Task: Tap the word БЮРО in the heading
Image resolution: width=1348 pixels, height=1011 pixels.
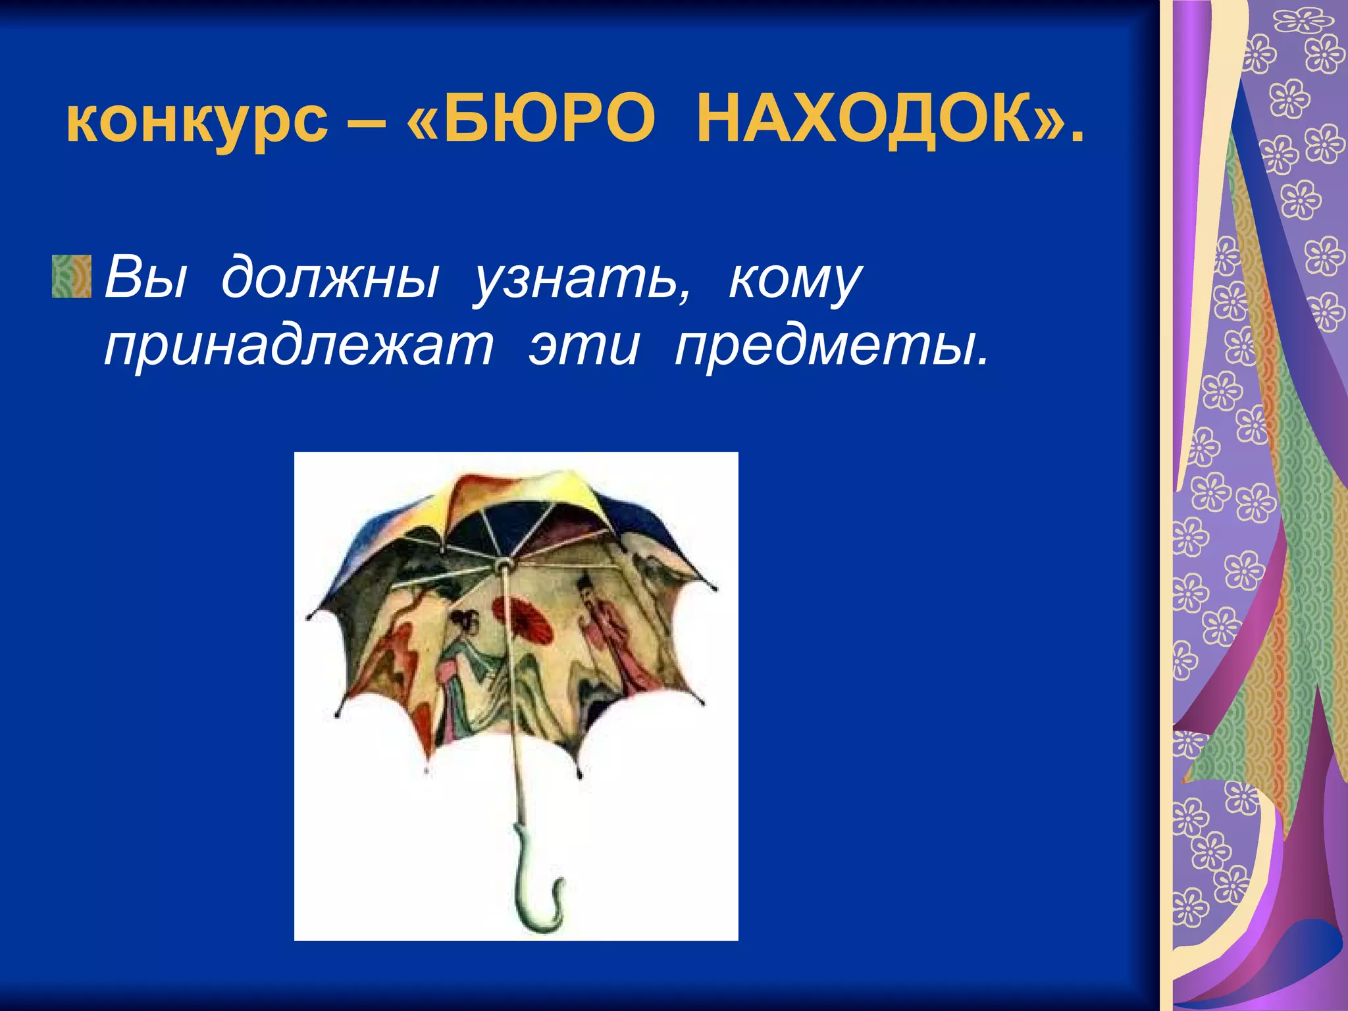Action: coord(549,121)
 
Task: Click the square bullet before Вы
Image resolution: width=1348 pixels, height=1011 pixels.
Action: coord(72,276)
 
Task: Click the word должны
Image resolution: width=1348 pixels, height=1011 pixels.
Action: coord(329,277)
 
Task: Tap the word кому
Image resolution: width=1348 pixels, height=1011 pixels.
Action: coord(794,277)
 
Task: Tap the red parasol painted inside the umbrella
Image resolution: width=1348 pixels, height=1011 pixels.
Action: coord(523,619)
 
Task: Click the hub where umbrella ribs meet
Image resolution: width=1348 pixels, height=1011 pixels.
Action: coord(504,564)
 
